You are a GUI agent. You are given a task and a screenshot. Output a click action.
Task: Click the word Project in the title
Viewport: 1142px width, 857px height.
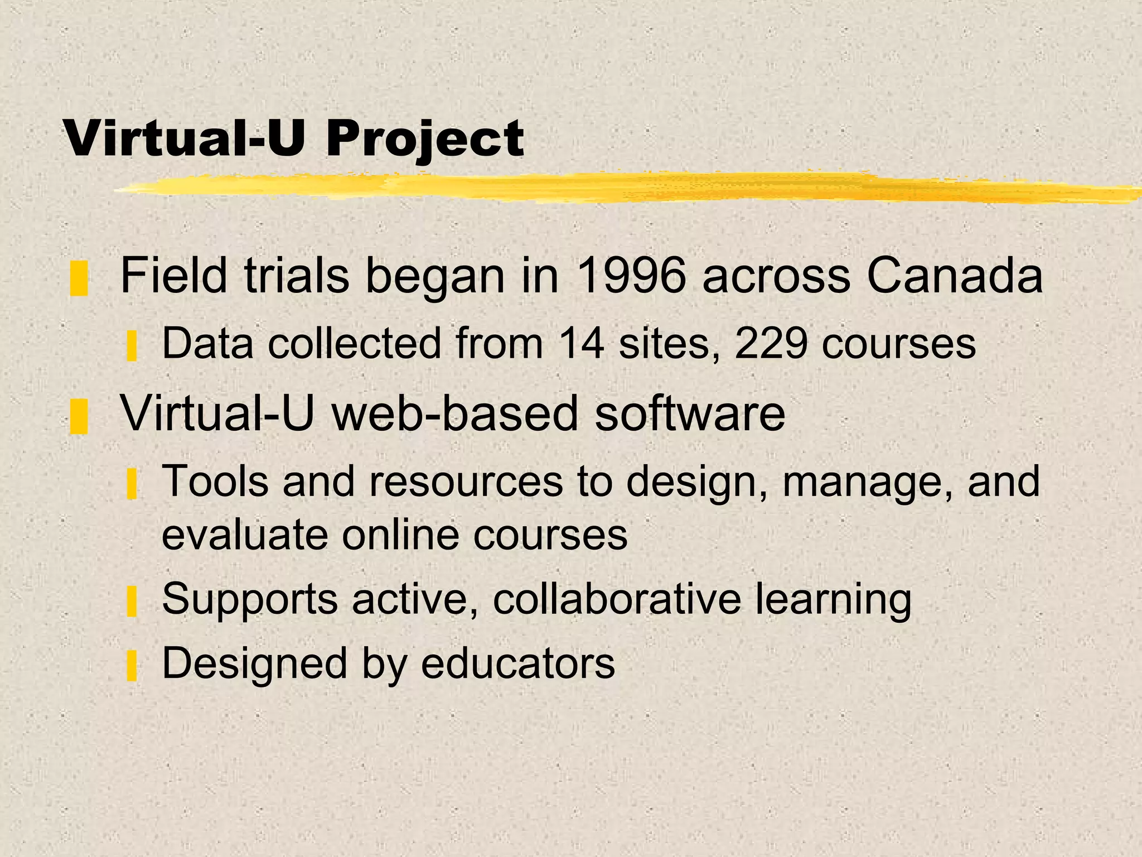pos(425,139)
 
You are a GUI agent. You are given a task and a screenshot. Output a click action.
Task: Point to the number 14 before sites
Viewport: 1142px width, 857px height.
pos(581,343)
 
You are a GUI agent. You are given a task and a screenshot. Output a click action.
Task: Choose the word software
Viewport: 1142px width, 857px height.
pos(690,413)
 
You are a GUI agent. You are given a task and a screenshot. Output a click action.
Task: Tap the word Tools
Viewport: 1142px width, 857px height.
pos(215,481)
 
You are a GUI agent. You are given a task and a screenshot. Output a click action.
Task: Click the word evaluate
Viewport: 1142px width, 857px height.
pos(245,535)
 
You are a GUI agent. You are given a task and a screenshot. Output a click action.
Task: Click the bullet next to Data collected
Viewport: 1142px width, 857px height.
pos(132,346)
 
